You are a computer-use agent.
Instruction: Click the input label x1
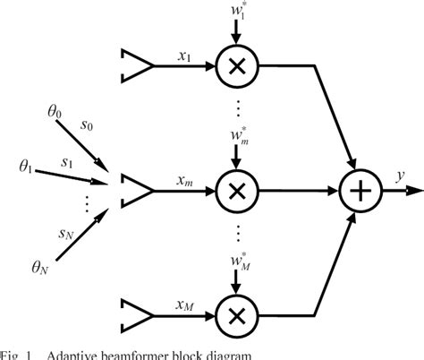(184, 56)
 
